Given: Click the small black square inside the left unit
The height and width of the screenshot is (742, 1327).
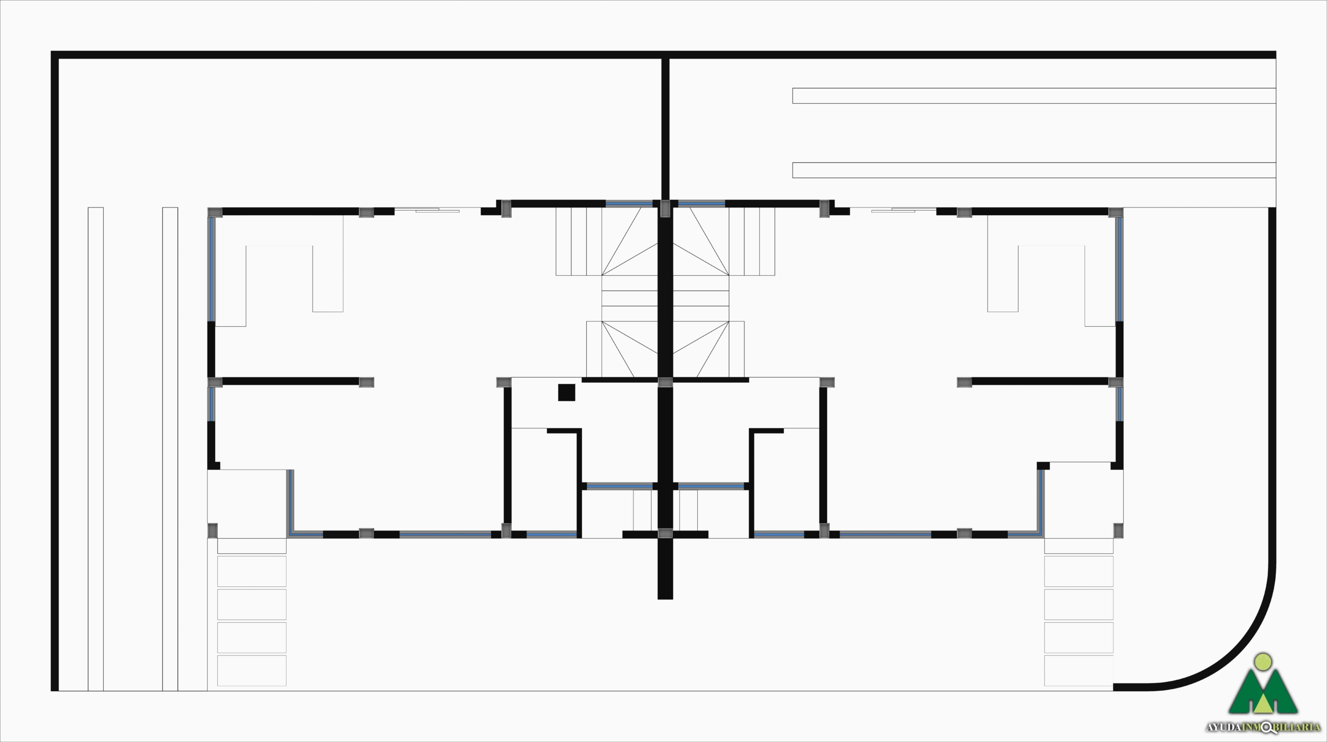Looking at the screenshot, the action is coord(567,393).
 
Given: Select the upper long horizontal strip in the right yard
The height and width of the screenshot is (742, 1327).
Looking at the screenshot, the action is coord(1034,96).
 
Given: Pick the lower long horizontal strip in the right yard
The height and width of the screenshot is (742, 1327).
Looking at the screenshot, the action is coord(1034,170).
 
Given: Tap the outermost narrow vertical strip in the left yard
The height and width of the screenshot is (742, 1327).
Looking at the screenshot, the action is coord(95,449).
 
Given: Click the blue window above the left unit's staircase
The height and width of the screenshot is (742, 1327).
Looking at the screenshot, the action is coord(629,204).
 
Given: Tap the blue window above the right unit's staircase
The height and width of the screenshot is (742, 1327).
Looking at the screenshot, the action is coord(701,204).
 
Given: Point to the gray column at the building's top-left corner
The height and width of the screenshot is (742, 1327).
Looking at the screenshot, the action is coord(215,213).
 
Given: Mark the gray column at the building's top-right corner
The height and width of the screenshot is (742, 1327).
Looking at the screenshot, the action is coord(1116,213).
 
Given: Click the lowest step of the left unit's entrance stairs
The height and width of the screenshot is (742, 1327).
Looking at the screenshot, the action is coord(251,670).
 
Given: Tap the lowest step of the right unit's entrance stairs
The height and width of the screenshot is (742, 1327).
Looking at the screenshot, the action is coord(1078,670).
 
